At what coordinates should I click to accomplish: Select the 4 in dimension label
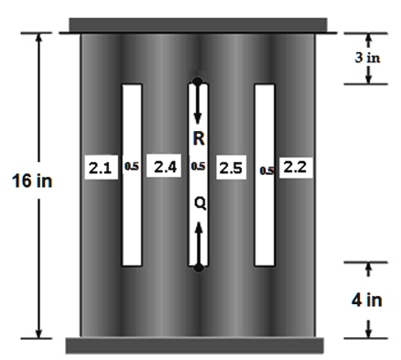369,300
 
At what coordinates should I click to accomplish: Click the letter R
199,138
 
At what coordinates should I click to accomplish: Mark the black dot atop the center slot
199,82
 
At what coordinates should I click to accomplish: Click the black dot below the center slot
199,267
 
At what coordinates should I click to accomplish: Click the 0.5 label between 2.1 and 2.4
132,169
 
